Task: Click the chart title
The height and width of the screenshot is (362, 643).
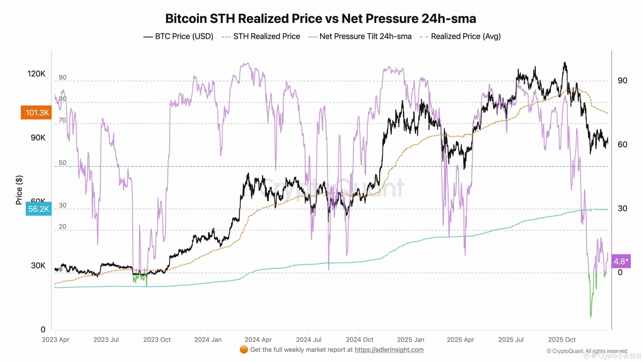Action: coord(320,19)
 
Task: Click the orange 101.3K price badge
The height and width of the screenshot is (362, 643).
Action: coord(36,113)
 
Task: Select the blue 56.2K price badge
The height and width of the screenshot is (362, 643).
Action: coord(39,209)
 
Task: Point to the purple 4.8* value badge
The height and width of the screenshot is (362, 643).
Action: coord(621,261)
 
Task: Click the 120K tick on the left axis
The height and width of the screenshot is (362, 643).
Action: coord(36,74)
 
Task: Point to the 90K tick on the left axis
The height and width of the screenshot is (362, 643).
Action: coord(38,138)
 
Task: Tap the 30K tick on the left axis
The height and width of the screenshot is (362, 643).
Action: coord(38,265)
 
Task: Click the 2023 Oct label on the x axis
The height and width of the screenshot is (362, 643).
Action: coord(157,340)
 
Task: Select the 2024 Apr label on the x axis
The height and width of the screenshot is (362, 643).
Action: coord(258,340)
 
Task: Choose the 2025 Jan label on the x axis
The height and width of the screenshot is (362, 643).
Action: coord(410,340)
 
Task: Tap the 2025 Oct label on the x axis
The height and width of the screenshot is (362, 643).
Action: coord(562,340)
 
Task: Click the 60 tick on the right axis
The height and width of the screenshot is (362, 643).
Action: coord(622,145)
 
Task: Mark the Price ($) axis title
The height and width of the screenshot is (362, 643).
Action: coord(19,190)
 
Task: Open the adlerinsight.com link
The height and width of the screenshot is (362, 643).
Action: coord(389,350)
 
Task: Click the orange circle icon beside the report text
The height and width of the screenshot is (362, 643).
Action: coord(244,349)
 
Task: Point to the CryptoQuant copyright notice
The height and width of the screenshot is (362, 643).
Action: coord(587,351)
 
